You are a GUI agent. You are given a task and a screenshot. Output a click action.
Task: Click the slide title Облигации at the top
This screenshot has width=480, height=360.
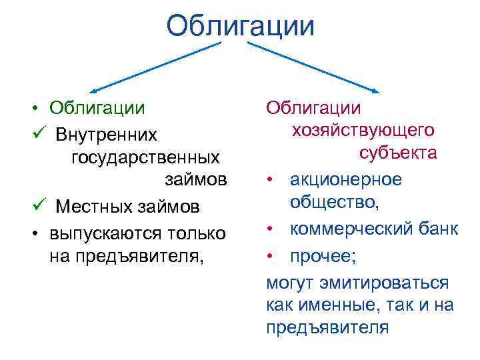coord(240,27)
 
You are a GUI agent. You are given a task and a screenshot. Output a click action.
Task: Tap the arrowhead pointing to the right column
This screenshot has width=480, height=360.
coord(377,91)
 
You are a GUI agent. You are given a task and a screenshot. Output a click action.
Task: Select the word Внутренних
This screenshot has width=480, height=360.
coord(107,135)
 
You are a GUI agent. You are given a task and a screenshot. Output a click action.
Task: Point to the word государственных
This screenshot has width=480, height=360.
coord(145,159)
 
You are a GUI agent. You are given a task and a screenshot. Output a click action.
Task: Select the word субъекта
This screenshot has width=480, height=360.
coord(397,153)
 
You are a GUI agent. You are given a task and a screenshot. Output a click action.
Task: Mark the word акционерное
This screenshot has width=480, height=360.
coord(345,179)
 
